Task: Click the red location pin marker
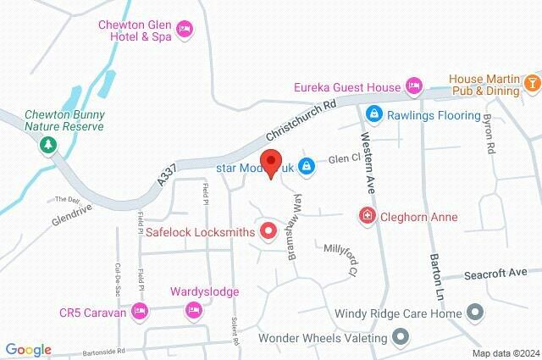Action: [x=271, y=162]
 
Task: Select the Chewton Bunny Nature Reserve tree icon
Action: [x=44, y=145]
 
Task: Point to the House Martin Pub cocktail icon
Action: [x=531, y=83]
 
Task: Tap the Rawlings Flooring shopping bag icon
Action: [x=372, y=113]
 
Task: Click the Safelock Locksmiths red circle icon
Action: [x=269, y=230]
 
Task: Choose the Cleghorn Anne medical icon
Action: [x=367, y=217]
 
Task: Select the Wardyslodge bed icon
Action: [x=192, y=311]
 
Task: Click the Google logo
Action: [x=28, y=350]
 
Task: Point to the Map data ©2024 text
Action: [x=505, y=352]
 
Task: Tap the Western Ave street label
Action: [x=368, y=149]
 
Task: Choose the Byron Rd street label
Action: [x=489, y=133]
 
